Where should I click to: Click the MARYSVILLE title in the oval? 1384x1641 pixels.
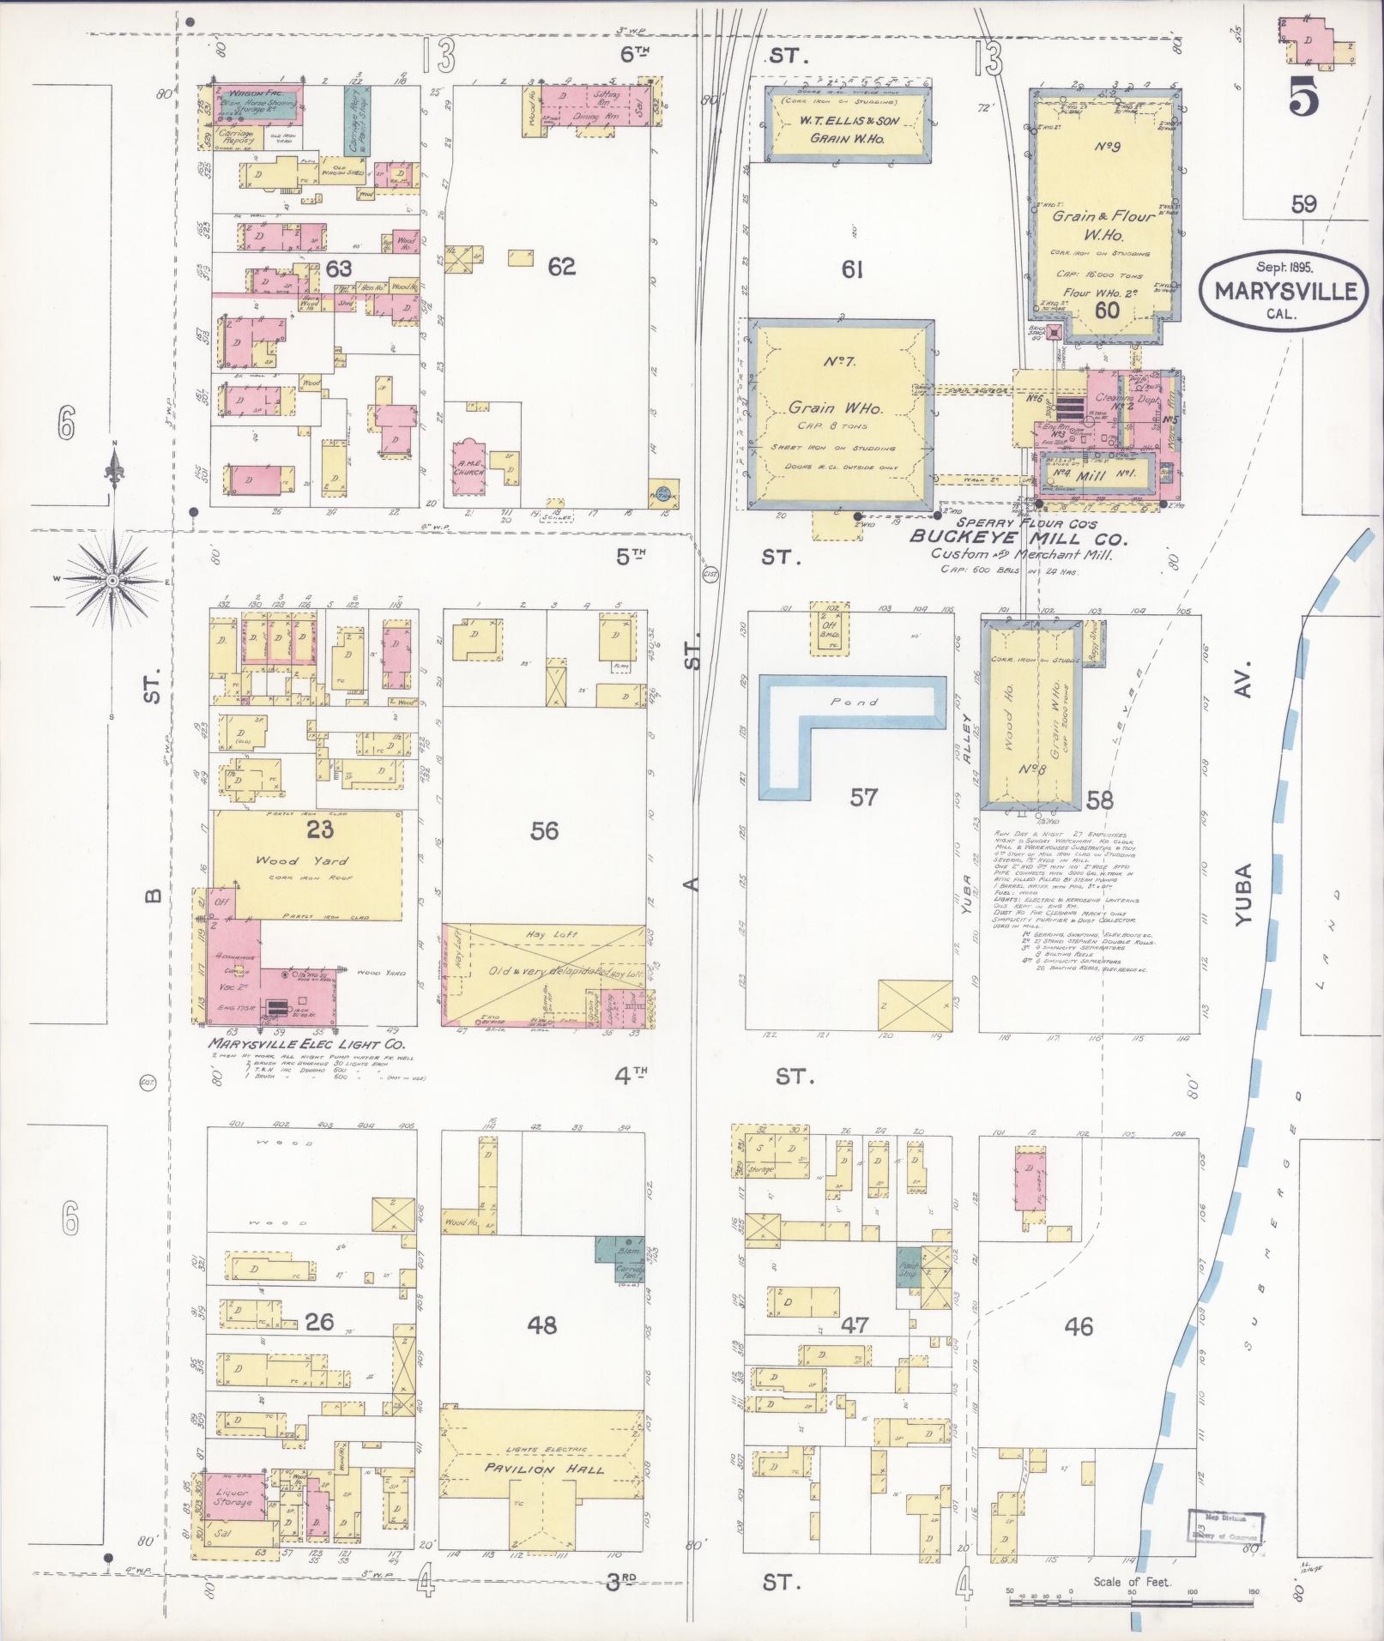[1284, 291]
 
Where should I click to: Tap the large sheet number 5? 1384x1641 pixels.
[1302, 100]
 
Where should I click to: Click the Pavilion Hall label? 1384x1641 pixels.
[544, 1469]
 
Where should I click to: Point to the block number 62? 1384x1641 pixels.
[561, 267]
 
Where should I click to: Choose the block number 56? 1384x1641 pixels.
[544, 830]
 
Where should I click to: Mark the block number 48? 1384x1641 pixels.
[542, 1325]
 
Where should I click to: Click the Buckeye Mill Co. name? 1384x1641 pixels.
[1017, 538]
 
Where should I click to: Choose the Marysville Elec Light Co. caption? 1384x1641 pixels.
[305, 1044]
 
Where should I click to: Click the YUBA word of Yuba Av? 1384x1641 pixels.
[1246, 895]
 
